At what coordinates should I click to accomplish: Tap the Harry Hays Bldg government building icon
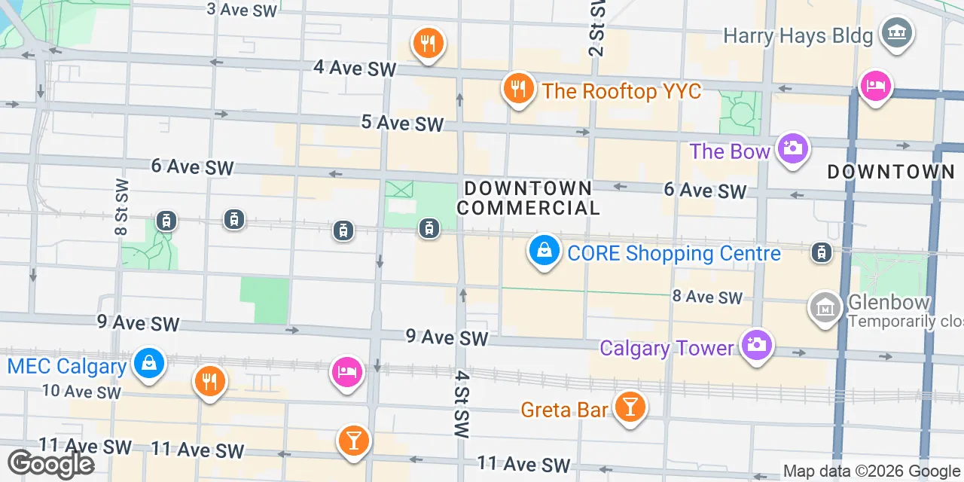pyautogui.click(x=897, y=33)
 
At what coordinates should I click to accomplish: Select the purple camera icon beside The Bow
pyautogui.click(x=792, y=148)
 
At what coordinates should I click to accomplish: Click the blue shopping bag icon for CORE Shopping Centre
pyautogui.click(x=543, y=250)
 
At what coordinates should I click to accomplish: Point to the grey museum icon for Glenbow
pyautogui.click(x=825, y=307)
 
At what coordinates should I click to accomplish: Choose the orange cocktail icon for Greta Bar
pyautogui.click(x=630, y=407)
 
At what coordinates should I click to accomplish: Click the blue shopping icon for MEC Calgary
pyautogui.click(x=148, y=365)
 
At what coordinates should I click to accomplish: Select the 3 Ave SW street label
pyautogui.click(x=242, y=10)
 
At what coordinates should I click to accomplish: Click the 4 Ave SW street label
pyautogui.click(x=354, y=68)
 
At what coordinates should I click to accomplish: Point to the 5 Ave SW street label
pyautogui.click(x=402, y=123)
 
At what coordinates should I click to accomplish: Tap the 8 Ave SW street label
pyautogui.click(x=707, y=297)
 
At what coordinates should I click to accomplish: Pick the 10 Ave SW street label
pyautogui.click(x=81, y=392)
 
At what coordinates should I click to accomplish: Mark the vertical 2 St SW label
pyautogui.click(x=596, y=28)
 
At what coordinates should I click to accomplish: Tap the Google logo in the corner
pyautogui.click(x=51, y=464)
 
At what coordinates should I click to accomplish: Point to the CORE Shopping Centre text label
pyautogui.click(x=674, y=253)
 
